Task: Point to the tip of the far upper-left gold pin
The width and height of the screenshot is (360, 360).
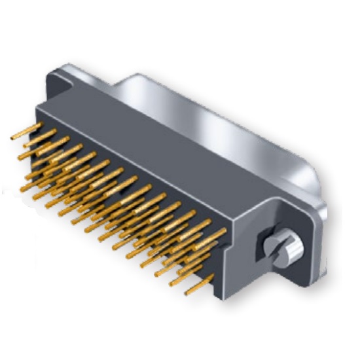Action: [x=14, y=138]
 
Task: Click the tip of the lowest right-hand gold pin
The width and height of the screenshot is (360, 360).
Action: [x=187, y=292]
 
